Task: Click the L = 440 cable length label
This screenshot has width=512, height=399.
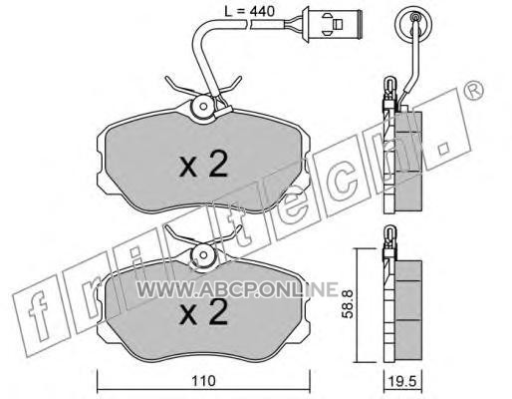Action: (x=249, y=12)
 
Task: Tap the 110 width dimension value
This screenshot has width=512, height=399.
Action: (x=203, y=381)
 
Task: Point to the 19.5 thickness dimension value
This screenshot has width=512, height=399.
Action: (x=402, y=381)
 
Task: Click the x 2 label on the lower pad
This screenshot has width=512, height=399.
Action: (x=203, y=311)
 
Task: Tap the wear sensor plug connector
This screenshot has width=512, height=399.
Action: (x=332, y=24)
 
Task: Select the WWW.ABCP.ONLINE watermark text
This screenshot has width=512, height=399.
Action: (x=237, y=289)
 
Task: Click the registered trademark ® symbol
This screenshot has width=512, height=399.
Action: (x=473, y=90)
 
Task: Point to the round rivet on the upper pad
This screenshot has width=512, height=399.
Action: (x=203, y=106)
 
